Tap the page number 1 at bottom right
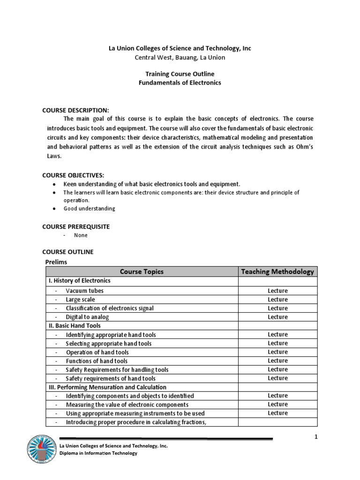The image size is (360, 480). pos(316,437)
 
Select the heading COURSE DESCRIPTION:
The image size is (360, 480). pos(75,110)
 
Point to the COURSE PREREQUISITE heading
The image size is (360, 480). pos(76,226)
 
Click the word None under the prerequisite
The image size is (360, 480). pos(81,235)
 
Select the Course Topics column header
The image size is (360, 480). pos(142,271)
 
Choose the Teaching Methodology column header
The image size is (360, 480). pos(277,271)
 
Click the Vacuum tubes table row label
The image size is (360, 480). pos(85,291)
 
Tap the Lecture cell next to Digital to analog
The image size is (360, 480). pos(277,317)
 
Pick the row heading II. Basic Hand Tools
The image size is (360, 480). pos(74,325)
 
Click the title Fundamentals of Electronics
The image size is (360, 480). pos(180,83)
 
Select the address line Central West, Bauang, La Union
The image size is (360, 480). pos(180,58)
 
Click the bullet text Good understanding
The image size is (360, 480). pos(89,209)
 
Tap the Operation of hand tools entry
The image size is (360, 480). pos(97,352)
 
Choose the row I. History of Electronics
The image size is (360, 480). pos(79,281)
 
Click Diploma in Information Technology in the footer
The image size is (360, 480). pos(98,453)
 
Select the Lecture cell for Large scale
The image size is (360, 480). pos(277,300)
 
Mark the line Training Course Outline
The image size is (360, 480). pos(180,74)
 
